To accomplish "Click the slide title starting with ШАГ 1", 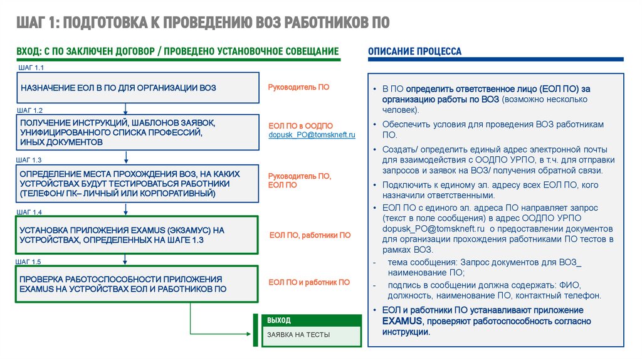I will point(203,23).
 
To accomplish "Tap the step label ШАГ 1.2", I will point(29,110).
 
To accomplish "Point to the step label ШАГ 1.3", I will point(29,161).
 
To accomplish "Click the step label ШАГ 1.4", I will point(29,212).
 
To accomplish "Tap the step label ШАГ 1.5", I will point(29,261).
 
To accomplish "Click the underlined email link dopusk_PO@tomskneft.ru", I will point(312,135).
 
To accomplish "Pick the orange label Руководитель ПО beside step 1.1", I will point(298,88).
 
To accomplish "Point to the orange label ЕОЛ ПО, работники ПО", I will point(310,235).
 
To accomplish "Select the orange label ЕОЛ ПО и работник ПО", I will point(309,283).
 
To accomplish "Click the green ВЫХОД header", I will point(279,320).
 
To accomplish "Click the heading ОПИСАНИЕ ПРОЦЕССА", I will point(414,51).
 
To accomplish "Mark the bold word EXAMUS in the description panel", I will point(401,321).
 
